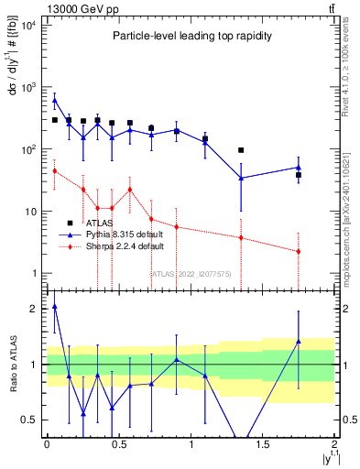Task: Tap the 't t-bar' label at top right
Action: (x=329, y=7)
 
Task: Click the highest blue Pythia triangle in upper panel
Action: (x=55, y=101)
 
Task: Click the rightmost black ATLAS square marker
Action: (x=299, y=175)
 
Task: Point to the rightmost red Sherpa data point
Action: (x=299, y=251)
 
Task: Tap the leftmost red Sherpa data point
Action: (x=55, y=170)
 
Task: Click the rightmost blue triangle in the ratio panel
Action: (x=299, y=342)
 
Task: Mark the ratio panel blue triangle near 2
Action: (x=55, y=308)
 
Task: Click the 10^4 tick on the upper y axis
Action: (x=29, y=25)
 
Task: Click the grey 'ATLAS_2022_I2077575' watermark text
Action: (x=190, y=273)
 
